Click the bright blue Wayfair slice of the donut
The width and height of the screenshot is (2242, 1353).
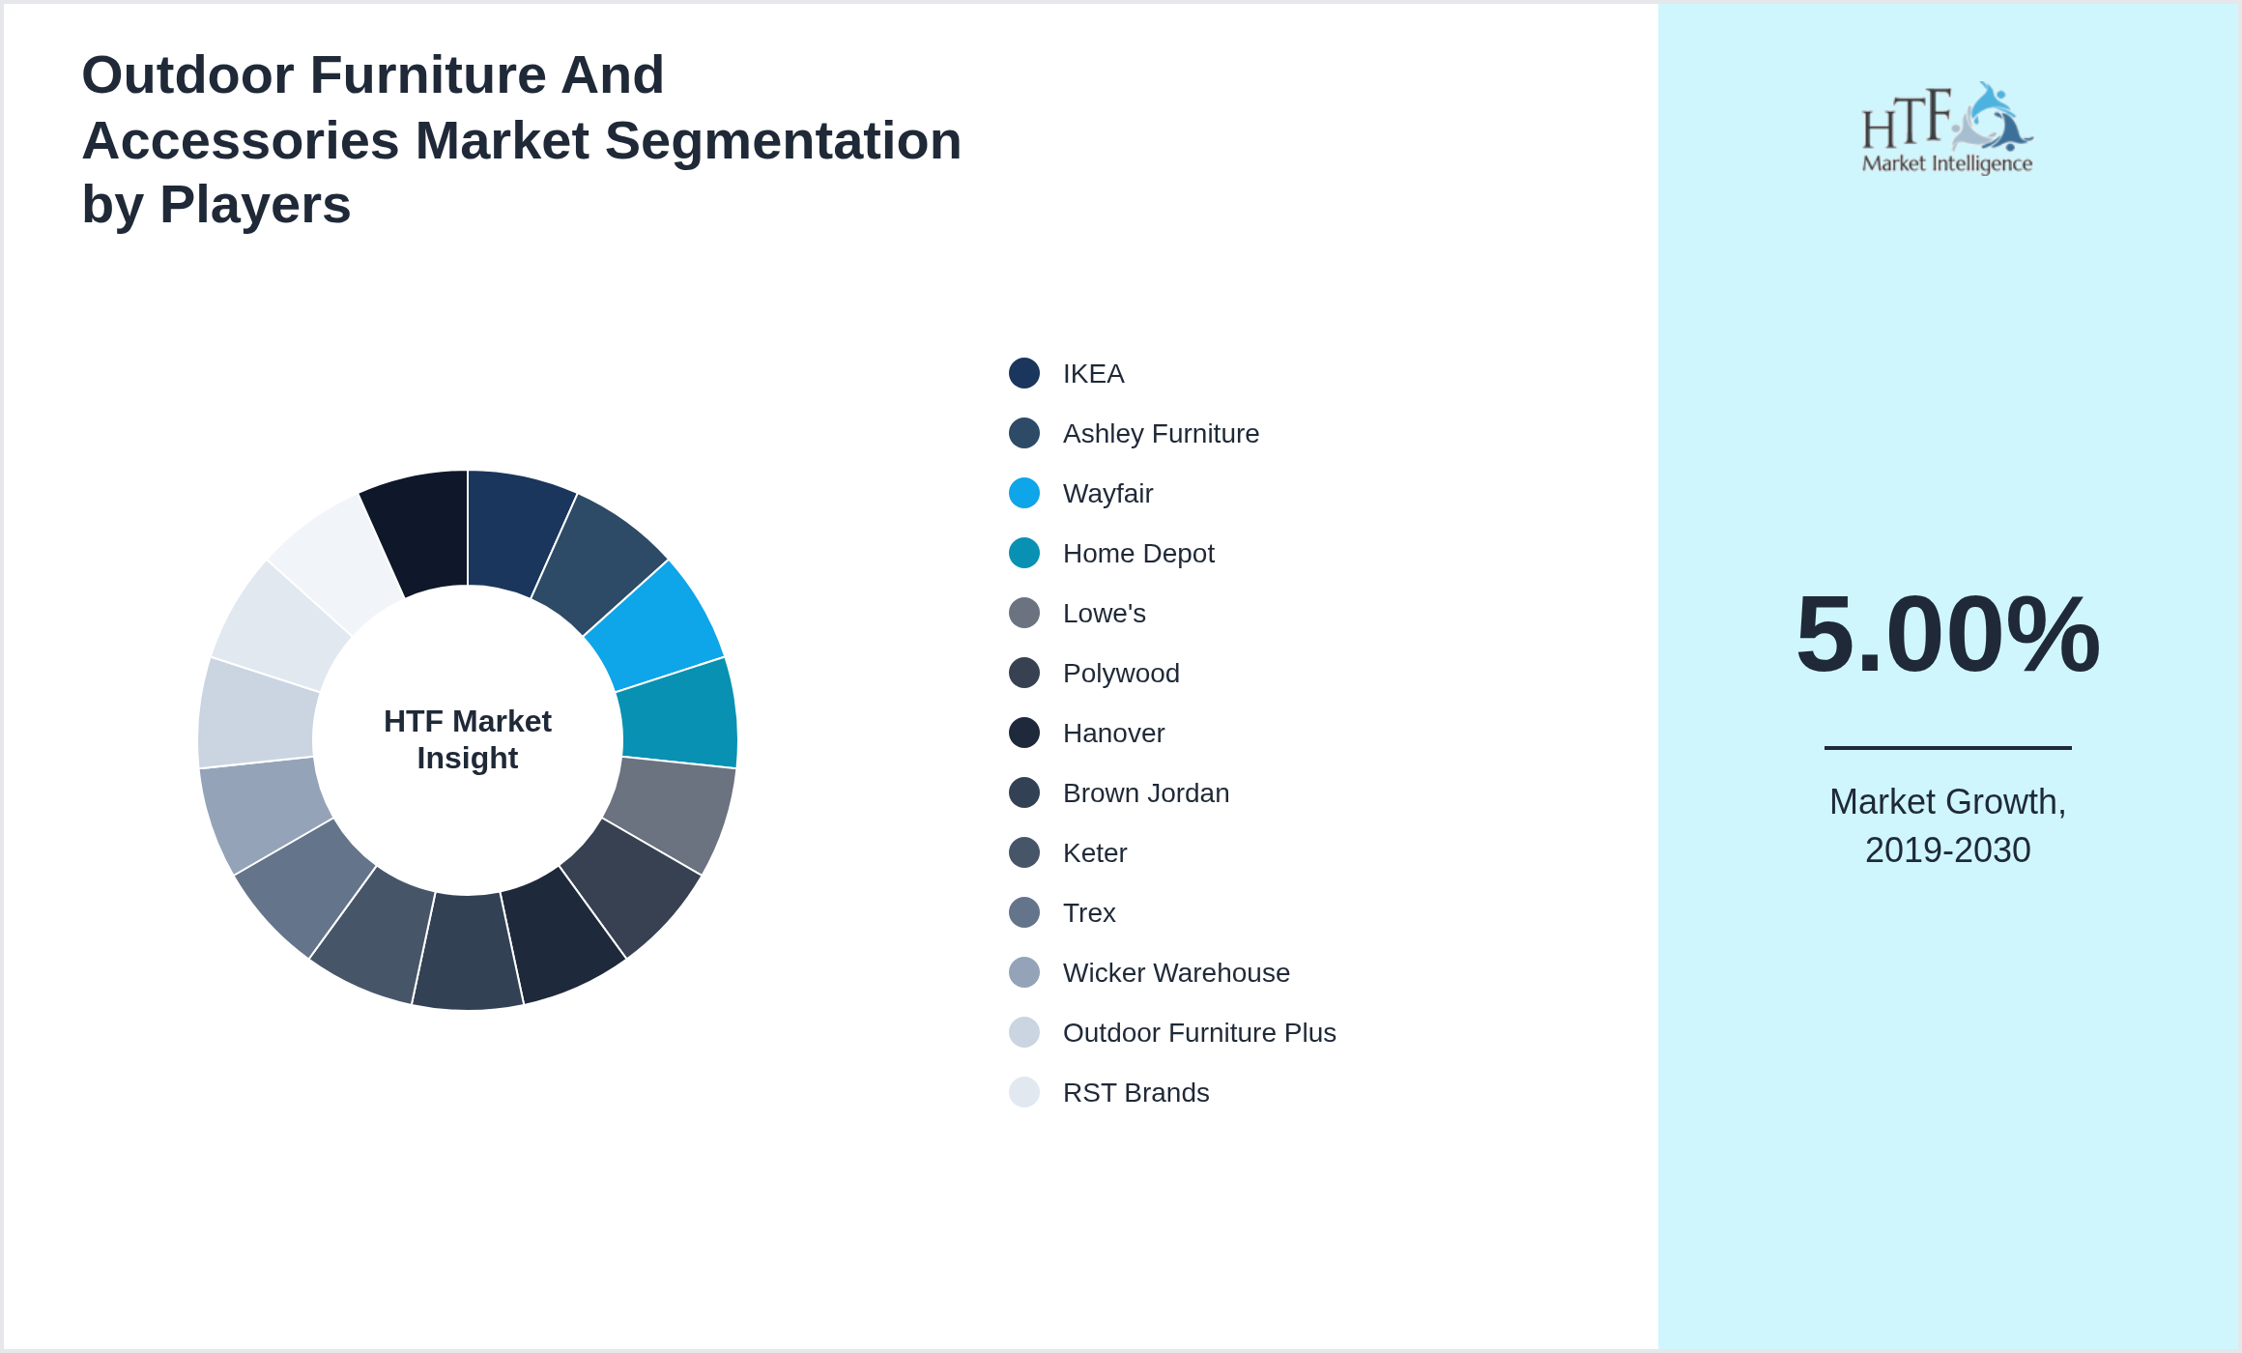pyautogui.click(x=657, y=623)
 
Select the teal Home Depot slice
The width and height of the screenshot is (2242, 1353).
pyautogui.click(x=679, y=712)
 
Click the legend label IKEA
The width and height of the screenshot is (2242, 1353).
pyautogui.click(x=1093, y=374)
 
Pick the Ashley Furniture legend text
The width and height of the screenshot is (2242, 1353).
pyautogui.click(x=1161, y=434)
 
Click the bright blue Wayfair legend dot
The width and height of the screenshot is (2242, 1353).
pyautogui.click(x=1024, y=494)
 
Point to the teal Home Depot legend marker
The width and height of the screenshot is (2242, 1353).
pyautogui.click(x=1024, y=554)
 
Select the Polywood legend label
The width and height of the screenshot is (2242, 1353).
pyautogui.click(x=1121, y=674)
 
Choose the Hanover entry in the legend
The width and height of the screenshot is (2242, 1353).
pyautogui.click(x=1113, y=734)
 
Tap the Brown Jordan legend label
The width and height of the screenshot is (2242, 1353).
pyautogui.click(x=1146, y=793)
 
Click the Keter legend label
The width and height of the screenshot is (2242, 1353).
pyautogui.click(x=1095, y=853)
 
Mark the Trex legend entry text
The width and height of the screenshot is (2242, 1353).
pyautogui.click(x=1089, y=913)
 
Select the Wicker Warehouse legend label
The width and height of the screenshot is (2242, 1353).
pyautogui.click(x=1176, y=973)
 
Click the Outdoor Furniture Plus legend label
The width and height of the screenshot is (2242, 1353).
pyautogui.click(x=1199, y=1033)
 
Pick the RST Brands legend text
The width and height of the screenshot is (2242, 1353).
pyautogui.click(x=1135, y=1093)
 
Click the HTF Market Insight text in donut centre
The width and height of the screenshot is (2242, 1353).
pyautogui.click(x=468, y=739)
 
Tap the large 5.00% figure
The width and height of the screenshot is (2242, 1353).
pyautogui.click(x=1947, y=634)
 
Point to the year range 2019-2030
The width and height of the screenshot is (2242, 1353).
pyautogui.click(x=1947, y=850)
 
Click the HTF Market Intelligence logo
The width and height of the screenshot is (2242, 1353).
pyautogui.click(x=1947, y=129)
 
